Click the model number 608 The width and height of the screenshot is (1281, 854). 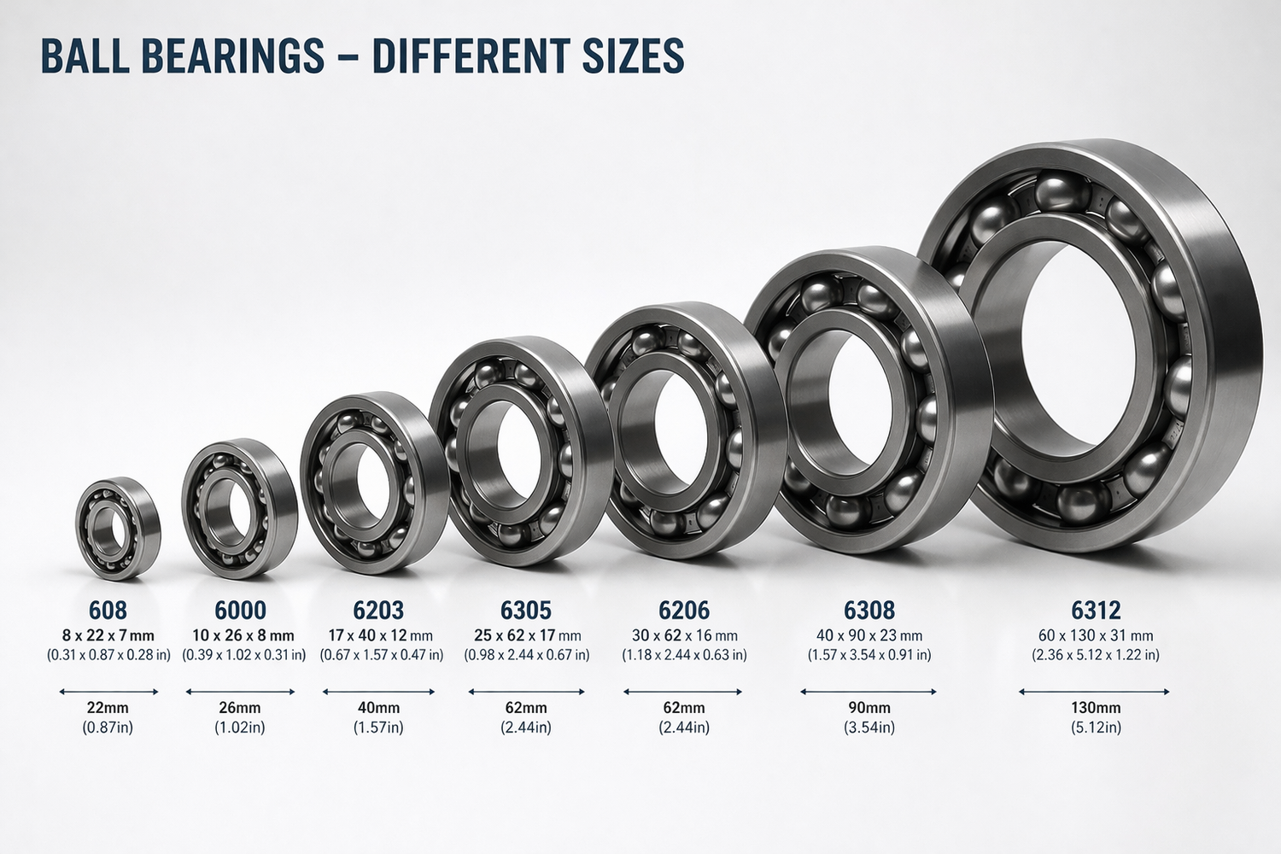coord(108,610)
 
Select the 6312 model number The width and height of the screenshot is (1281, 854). coord(1096,610)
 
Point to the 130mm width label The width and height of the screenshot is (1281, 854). coord(1096,708)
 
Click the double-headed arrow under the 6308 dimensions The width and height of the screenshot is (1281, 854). coord(869,692)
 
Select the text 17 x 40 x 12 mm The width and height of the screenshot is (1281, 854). coord(381,635)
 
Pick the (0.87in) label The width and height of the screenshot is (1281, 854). coord(108,728)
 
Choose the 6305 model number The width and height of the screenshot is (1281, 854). coord(526,610)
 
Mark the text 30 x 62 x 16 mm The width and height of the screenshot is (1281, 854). coord(684,635)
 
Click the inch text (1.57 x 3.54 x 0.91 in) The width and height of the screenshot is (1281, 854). coord(869,655)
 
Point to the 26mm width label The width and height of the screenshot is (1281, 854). coord(240,708)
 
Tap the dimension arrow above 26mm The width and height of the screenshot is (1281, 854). coord(240,692)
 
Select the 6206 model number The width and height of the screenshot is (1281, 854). coord(684,610)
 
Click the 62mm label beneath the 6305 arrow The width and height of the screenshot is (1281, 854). coord(526,708)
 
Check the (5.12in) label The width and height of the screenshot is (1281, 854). coord(1096,728)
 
